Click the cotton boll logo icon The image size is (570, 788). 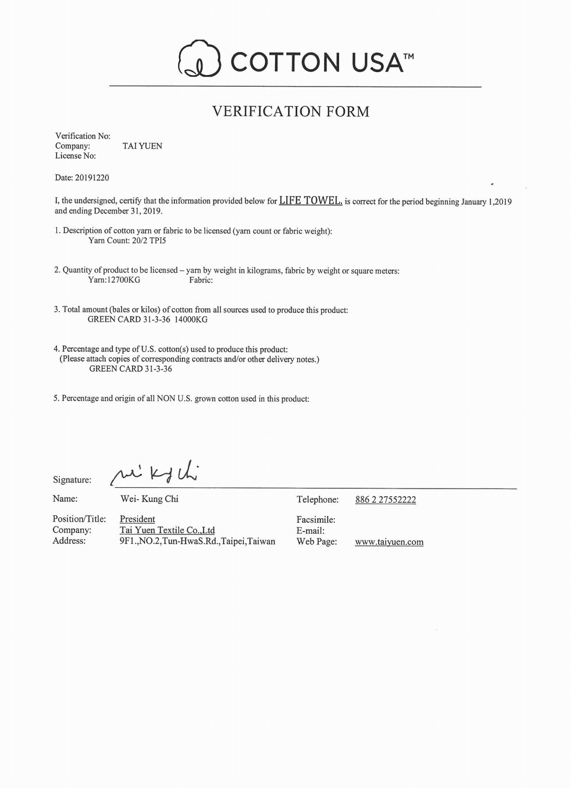[199, 59]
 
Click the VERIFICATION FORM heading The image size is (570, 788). [290, 112]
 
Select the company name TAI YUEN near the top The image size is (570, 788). [142, 146]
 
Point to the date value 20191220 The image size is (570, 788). [92, 177]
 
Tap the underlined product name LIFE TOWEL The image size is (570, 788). [311, 201]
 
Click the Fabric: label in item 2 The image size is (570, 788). [201, 280]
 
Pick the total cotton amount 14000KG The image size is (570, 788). [191, 319]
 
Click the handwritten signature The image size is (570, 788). [156, 474]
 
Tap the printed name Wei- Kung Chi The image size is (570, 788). [149, 499]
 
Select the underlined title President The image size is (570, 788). [137, 519]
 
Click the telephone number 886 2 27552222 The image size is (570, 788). [386, 500]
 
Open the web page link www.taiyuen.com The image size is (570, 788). [389, 542]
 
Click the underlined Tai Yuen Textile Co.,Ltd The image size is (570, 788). [167, 530]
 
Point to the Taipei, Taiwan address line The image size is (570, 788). [197, 541]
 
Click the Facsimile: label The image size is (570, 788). [316, 519]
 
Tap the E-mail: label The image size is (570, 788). [311, 530]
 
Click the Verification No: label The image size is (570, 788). [83, 136]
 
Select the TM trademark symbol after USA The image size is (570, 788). [408, 56]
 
